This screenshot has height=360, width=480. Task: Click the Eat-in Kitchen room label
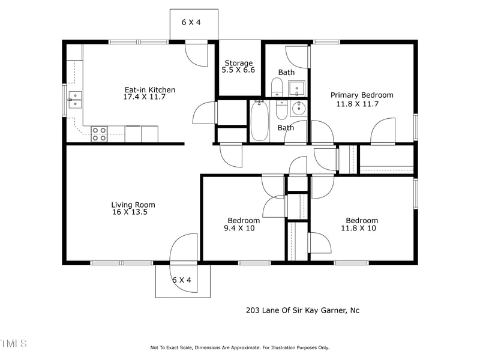[x=150, y=89]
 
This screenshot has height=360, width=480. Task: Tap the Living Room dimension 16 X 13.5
[x=130, y=212]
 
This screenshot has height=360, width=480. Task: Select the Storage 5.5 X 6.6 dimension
[x=238, y=70]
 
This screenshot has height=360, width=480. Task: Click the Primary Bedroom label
[x=362, y=95]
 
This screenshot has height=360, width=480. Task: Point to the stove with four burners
[x=99, y=134]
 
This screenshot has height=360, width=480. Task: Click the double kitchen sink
[x=75, y=100]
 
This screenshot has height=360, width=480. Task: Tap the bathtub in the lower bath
[x=260, y=121]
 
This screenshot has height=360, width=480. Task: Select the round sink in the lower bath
[x=297, y=108]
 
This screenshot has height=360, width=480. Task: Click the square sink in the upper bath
[x=296, y=89]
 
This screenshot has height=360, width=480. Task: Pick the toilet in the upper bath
[x=277, y=87]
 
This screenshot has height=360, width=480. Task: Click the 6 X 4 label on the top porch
[x=191, y=22]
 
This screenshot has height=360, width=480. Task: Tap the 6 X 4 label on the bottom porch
[x=182, y=280]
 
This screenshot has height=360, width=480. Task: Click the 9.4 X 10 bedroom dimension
[x=239, y=228]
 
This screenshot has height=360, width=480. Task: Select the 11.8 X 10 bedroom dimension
[x=358, y=228]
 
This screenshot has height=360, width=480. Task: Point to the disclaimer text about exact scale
[x=239, y=347]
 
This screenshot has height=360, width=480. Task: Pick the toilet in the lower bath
[x=281, y=110]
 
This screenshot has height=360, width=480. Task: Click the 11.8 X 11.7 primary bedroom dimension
[x=358, y=104]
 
